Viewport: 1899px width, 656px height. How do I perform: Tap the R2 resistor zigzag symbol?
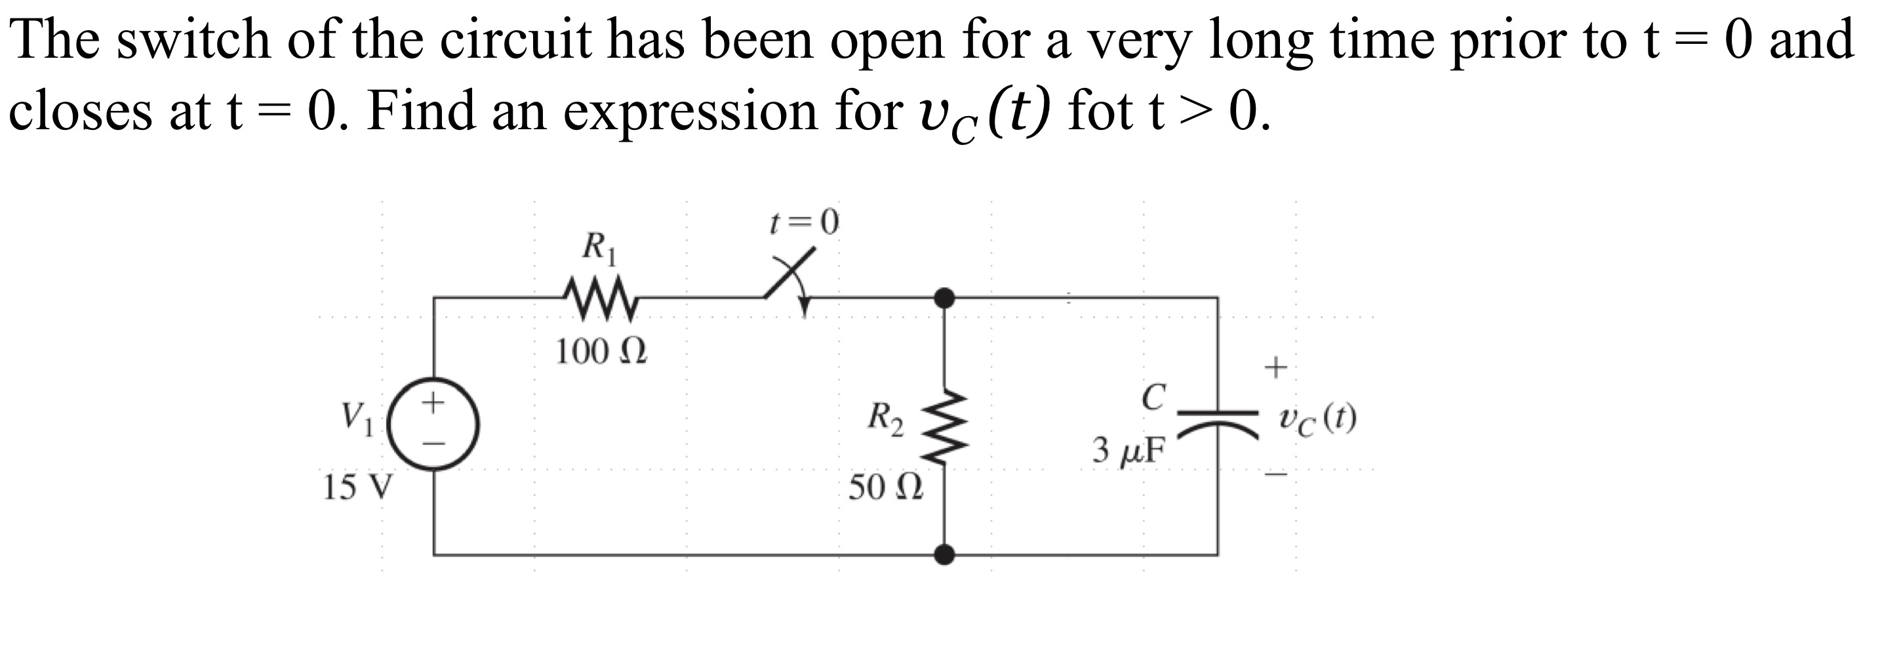(944, 426)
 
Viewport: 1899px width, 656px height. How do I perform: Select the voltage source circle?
(434, 425)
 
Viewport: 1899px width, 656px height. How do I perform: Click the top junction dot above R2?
(944, 298)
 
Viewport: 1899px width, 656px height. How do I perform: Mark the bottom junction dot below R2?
(944, 554)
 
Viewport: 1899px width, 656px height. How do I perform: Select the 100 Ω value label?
(601, 352)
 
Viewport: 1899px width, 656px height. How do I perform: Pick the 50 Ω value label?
(885, 487)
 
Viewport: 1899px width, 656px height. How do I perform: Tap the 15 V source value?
(358, 487)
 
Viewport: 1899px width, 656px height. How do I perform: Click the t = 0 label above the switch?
(803, 222)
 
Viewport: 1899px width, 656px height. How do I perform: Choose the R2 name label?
(885, 419)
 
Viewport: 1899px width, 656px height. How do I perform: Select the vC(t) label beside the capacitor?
(1317, 419)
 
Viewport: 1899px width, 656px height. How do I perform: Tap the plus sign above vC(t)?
(1276, 365)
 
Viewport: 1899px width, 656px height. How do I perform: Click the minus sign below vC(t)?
(1276, 475)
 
